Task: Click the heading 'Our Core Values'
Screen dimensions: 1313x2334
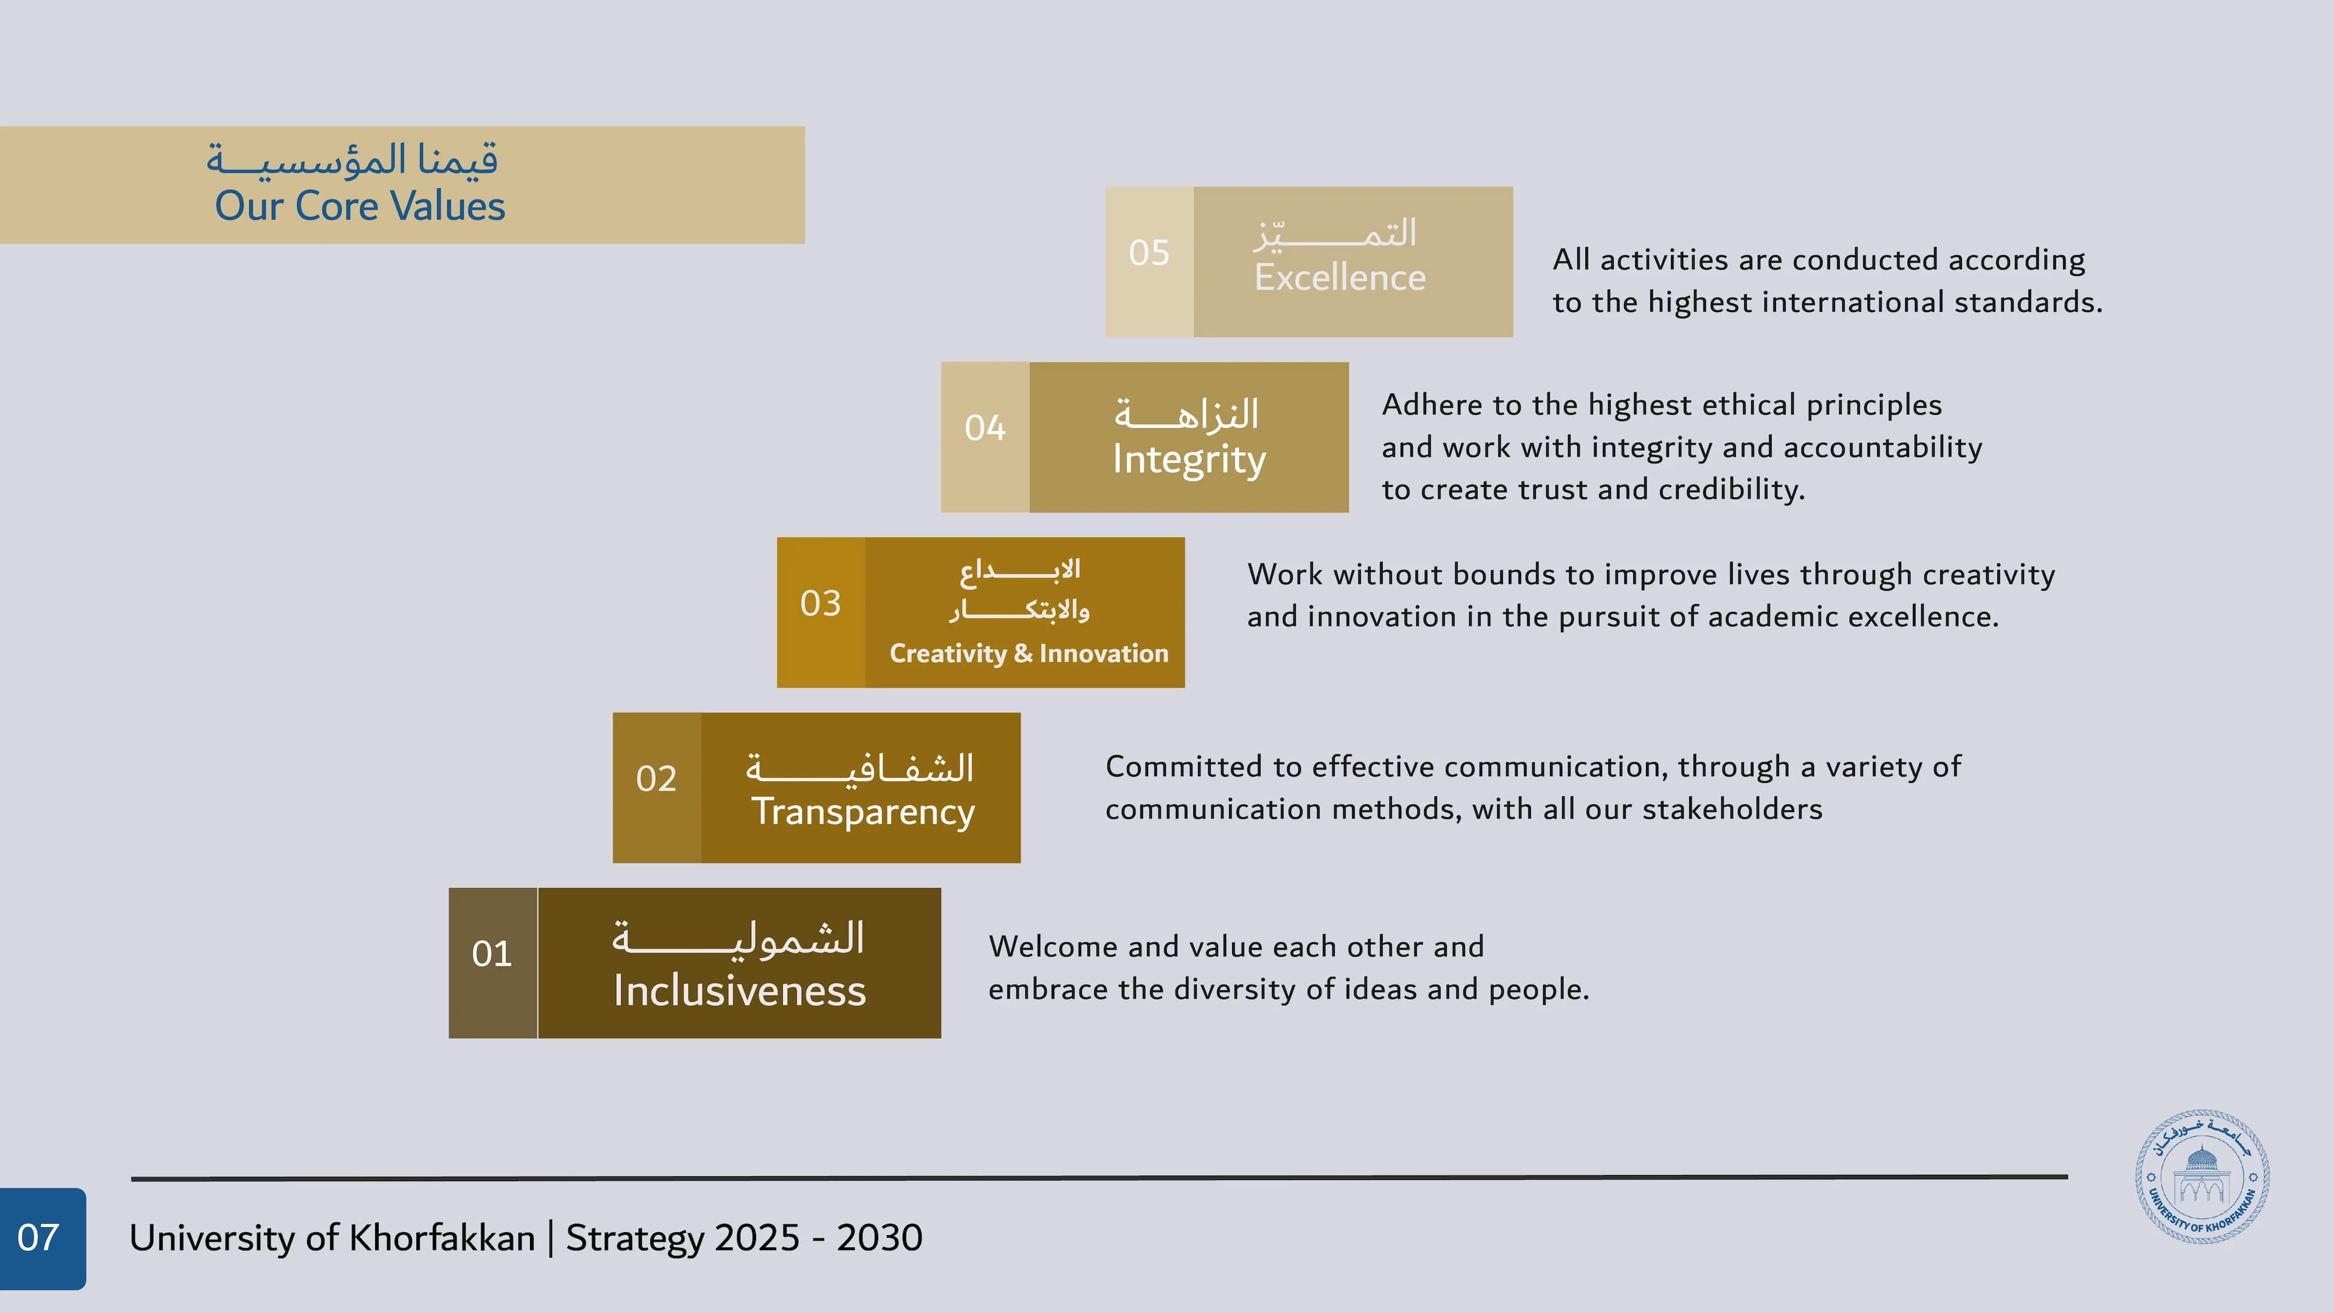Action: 360,207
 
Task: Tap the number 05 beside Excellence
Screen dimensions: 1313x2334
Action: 1149,253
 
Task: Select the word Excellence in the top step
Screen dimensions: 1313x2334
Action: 1339,277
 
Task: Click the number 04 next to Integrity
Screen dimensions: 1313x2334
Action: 985,428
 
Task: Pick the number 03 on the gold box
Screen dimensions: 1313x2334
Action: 820,604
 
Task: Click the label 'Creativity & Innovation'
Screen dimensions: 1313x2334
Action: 1028,653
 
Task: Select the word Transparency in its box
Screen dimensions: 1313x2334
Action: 862,812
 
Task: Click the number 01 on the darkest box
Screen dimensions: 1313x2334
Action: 492,954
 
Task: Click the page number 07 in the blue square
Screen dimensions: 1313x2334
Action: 38,1238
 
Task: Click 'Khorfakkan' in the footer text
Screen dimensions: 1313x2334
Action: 442,1238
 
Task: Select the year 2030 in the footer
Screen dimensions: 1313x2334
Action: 879,1238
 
